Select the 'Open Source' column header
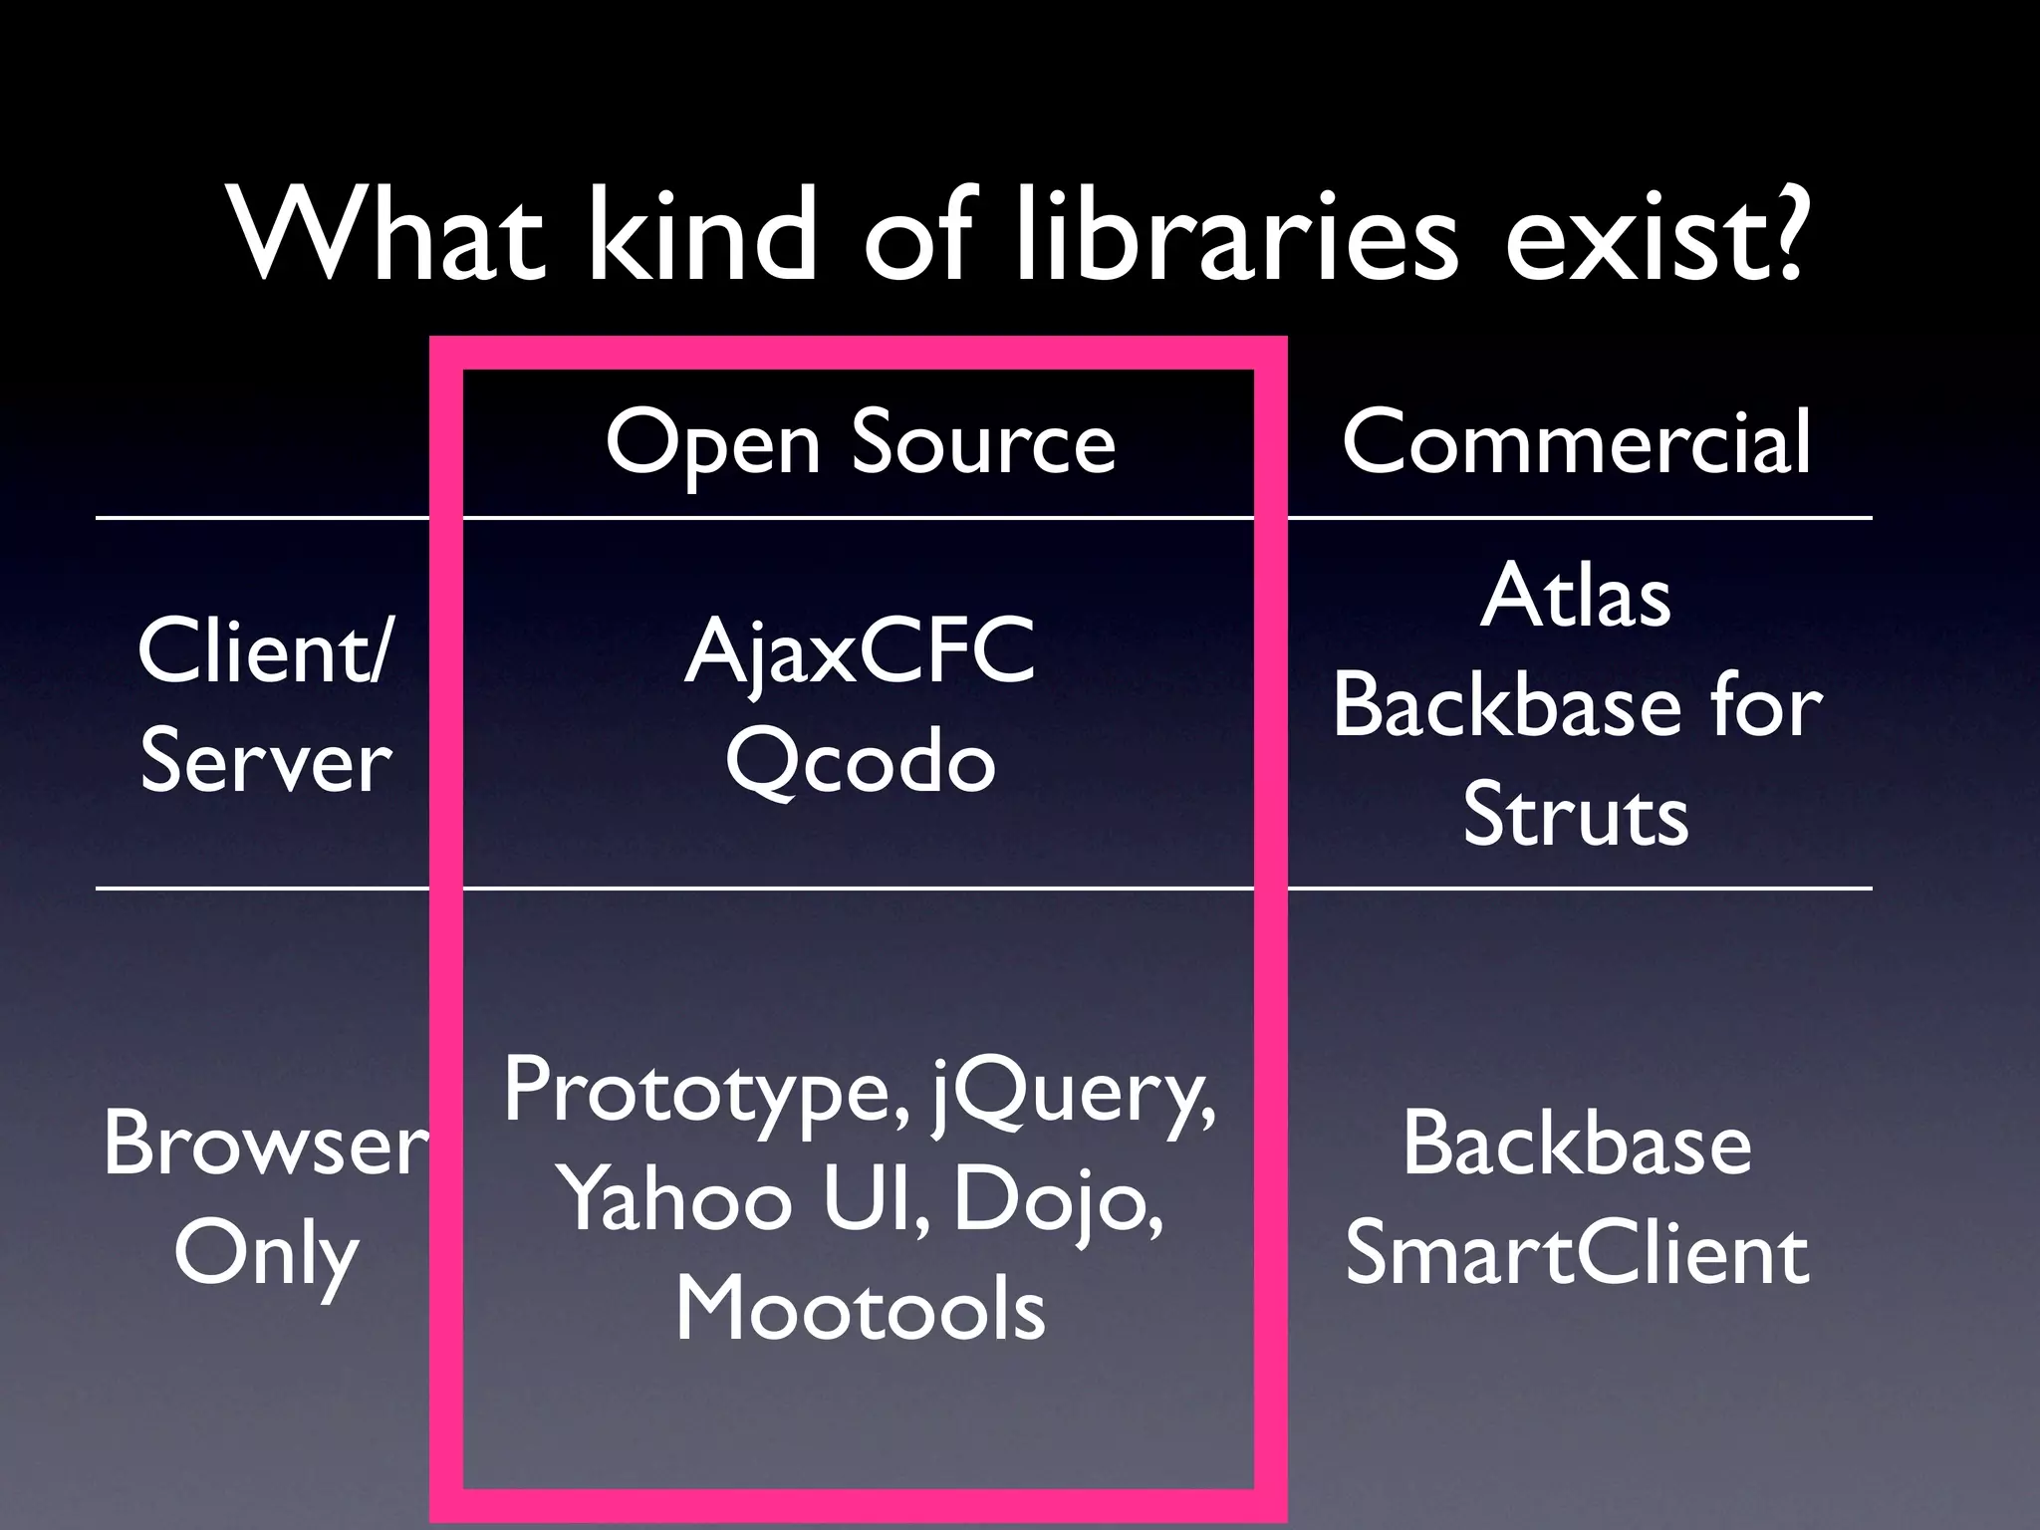pyautogui.click(x=860, y=443)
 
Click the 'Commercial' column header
pyautogui.click(x=1576, y=443)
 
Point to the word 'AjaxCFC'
pyautogui.click(x=860, y=652)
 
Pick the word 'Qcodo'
pyautogui.click(x=860, y=762)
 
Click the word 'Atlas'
pyautogui.click(x=1576, y=598)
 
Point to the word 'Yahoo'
pyautogui.click(x=677, y=1200)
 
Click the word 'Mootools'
pyautogui.click(x=860, y=1310)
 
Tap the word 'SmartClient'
pyautogui.click(x=1576, y=1255)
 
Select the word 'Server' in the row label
pyautogui.click(x=266, y=762)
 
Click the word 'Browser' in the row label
pyautogui.click(x=266, y=1146)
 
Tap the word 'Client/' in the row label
pyautogui.click(x=266, y=652)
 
